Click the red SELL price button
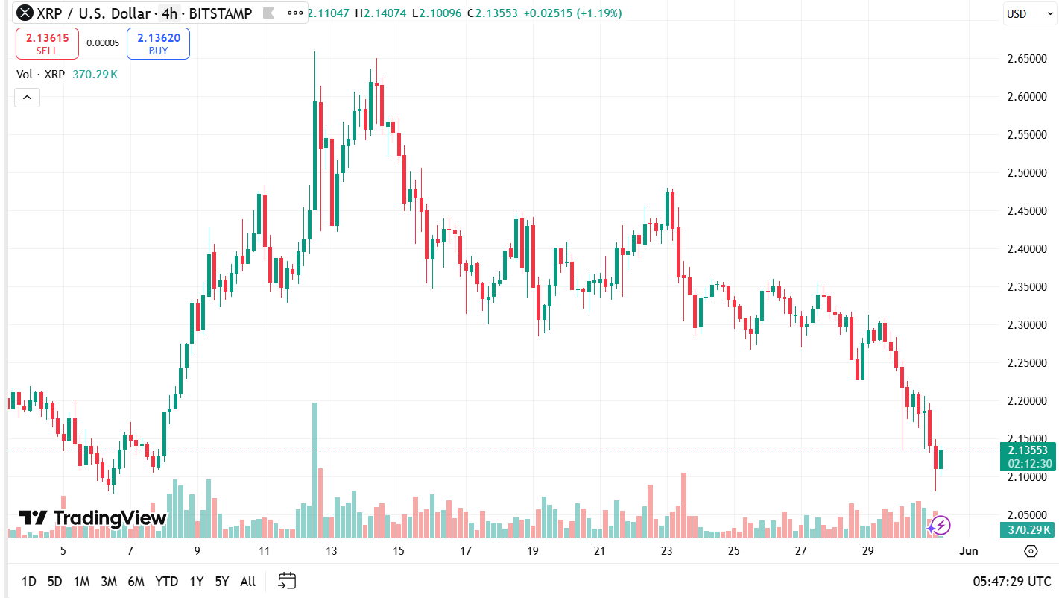tap(47, 43)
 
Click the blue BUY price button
tap(158, 43)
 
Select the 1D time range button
tap(29, 582)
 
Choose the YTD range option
tap(166, 582)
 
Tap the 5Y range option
tap(221, 582)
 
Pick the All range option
tap(248, 582)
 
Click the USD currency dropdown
tap(1027, 13)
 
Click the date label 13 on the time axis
tap(332, 551)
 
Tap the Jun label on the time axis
tap(967, 551)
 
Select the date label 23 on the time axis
tap(666, 551)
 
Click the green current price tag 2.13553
tap(1028, 450)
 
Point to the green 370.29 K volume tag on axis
tap(1028, 530)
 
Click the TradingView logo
tap(93, 518)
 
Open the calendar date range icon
tap(287, 582)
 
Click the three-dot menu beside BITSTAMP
tap(295, 13)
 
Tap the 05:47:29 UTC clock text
tap(1011, 582)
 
